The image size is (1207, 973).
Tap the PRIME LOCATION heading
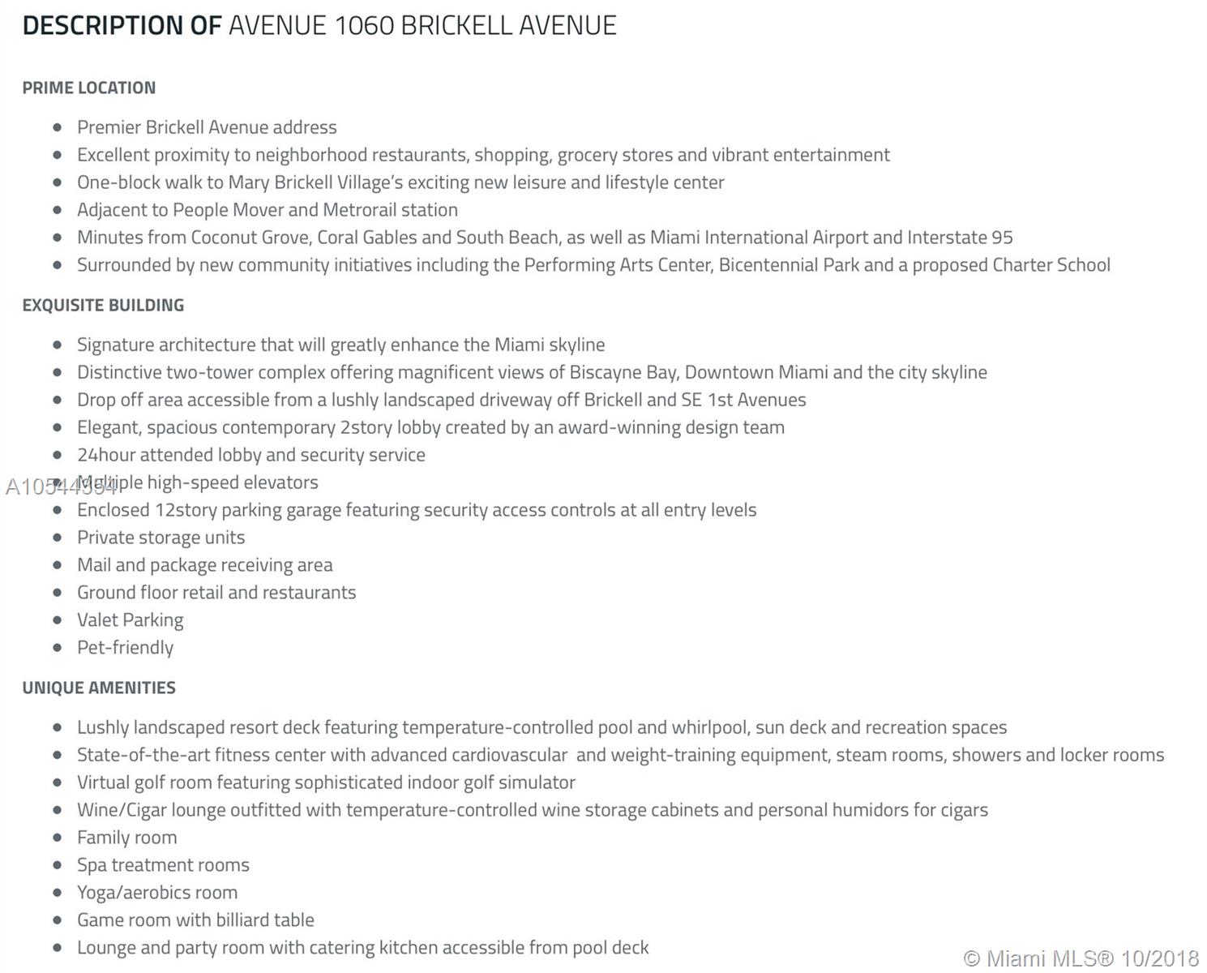[x=89, y=88]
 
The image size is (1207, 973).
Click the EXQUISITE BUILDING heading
[x=103, y=306]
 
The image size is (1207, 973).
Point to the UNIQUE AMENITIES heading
[x=99, y=688]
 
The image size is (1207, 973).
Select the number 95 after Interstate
[x=1002, y=238]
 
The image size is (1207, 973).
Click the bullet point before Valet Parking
[x=57, y=620]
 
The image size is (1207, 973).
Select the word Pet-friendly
[x=126, y=648]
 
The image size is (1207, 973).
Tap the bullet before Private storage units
[x=57, y=538]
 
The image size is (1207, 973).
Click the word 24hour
[x=106, y=455]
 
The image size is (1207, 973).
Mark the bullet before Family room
[x=57, y=838]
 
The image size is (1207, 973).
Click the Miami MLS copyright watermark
[x=1081, y=958]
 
